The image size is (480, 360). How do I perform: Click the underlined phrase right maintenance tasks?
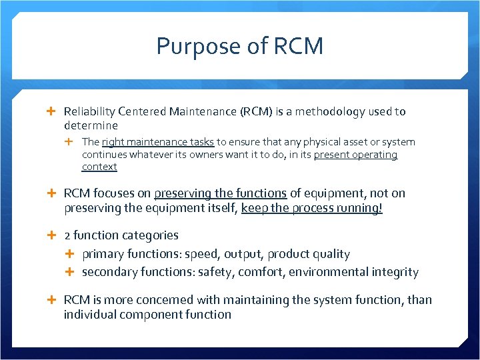[x=158, y=141]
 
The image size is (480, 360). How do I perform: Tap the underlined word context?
[x=99, y=167]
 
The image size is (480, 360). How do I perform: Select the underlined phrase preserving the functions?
[x=220, y=193]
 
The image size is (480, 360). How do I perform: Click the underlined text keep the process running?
[x=312, y=208]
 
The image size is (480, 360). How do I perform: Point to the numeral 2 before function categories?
[x=67, y=235]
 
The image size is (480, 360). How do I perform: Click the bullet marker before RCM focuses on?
[x=55, y=193]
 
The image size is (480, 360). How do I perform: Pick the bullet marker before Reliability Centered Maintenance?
[x=55, y=111]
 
